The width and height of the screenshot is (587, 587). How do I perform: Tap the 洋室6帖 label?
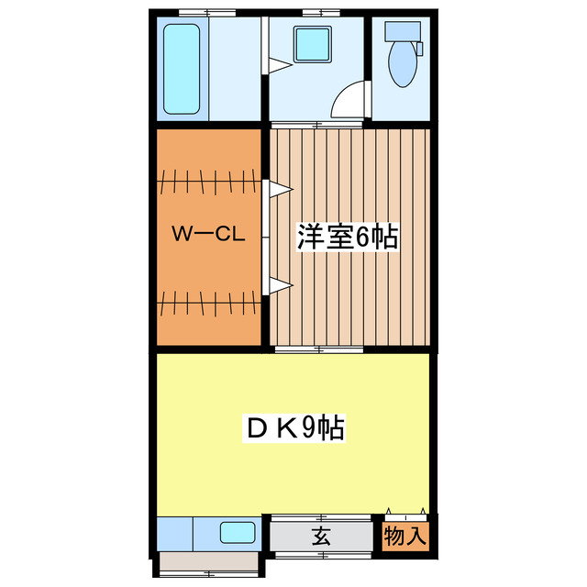coord(347,237)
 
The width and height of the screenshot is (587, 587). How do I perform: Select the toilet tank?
coord(401,31)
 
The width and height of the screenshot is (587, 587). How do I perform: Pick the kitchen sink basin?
coord(237,532)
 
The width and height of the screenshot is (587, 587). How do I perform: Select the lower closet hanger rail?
coord(209,299)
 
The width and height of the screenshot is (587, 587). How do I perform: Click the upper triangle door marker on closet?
coord(279,190)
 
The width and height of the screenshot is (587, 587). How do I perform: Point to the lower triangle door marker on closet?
coord(279,286)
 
